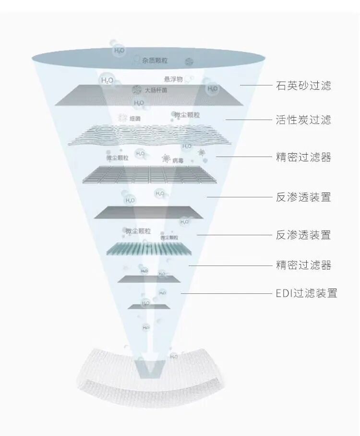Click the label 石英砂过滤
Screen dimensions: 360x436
click(x=303, y=86)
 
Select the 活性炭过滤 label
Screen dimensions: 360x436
click(x=303, y=120)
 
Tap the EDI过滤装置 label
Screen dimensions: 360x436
click(x=306, y=293)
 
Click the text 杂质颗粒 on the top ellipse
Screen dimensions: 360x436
click(x=155, y=61)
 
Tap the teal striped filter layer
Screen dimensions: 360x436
click(x=149, y=248)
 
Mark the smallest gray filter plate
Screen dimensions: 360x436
click(x=149, y=306)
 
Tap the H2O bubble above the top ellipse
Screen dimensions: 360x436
click(x=119, y=50)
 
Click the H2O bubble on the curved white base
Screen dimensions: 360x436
click(x=174, y=356)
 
